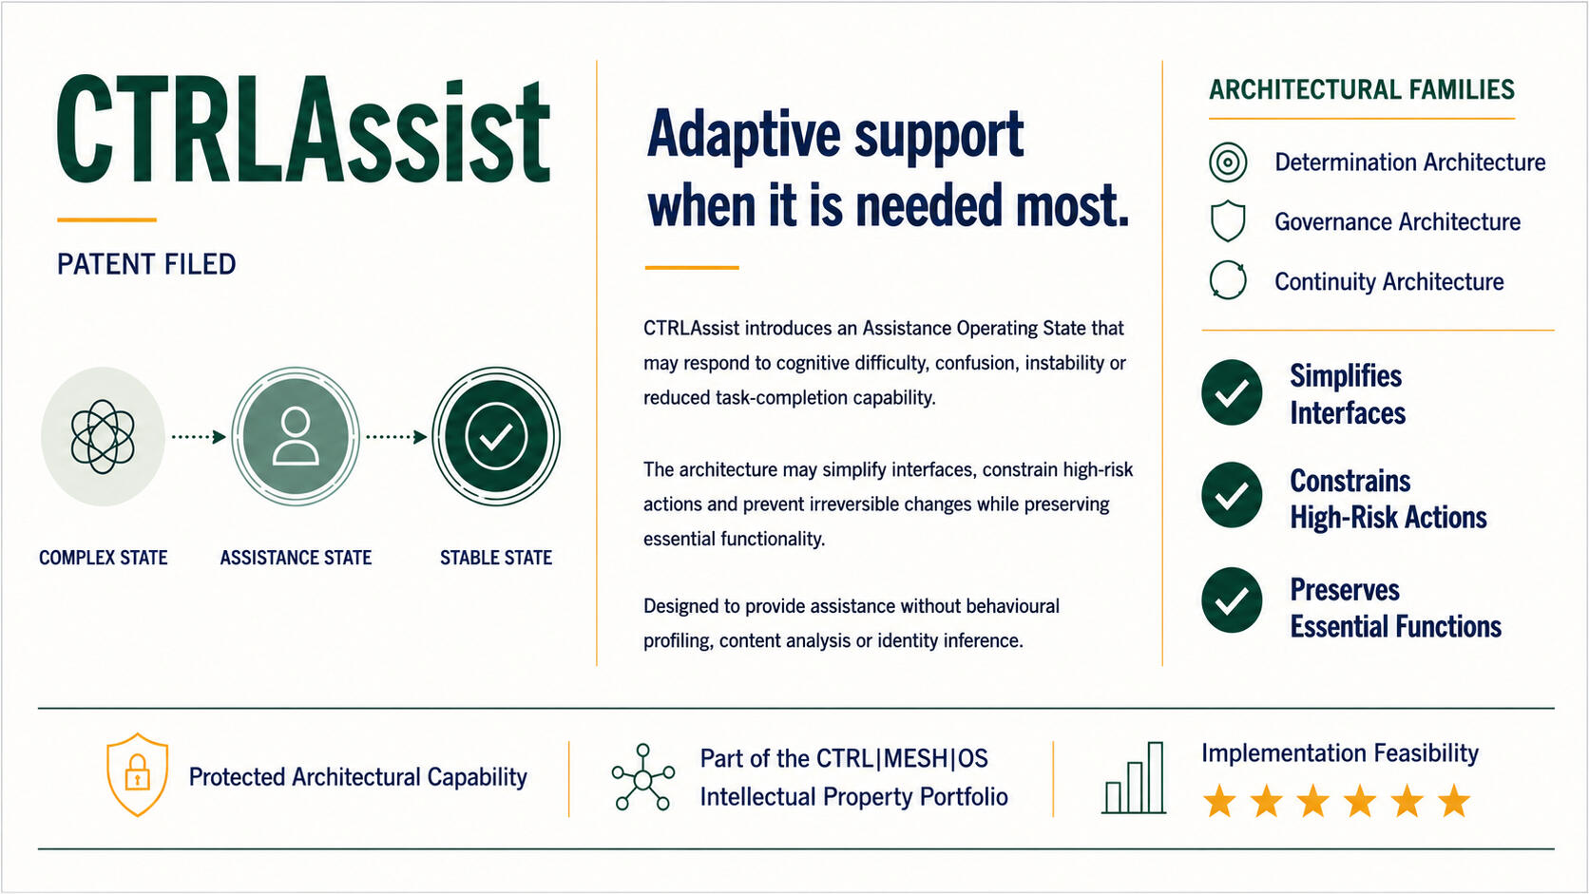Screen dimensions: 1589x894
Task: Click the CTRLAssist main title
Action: [x=303, y=130]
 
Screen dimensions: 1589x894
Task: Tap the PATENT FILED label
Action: [x=146, y=264]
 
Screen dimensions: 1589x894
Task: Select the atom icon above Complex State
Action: [x=103, y=436]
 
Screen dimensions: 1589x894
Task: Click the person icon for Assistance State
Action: [x=296, y=436]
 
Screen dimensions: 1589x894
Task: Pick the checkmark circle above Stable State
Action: [x=496, y=436]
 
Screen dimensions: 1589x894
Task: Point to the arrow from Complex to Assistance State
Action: [x=199, y=437]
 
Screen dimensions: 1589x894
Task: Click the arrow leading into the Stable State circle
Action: [x=396, y=437]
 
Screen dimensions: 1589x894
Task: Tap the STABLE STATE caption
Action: [x=496, y=558]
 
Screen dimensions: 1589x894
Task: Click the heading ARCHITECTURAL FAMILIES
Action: [x=1361, y=90]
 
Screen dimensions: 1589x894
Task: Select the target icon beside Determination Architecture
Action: [x=1228, y=162]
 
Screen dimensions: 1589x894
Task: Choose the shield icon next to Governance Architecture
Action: [x=1228, y=221]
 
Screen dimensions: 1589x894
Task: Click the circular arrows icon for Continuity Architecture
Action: [x=1228, y=281]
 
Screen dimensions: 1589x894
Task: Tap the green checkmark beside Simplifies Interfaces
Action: [x=1233, y=392]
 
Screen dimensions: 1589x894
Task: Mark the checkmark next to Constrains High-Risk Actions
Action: [x=1233, y=495]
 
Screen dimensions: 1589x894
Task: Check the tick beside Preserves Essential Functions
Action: [x=1233, y=600]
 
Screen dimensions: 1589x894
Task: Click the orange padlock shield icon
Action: [x=137, y=775]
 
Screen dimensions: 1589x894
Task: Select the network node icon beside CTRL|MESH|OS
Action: [x=642, y=778]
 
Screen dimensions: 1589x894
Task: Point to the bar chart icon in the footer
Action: [x=1134, y=778]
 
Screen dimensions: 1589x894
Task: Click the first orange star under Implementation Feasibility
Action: [x=1219, y=801]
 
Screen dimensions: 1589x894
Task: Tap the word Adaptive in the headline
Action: [x=745, y=136]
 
